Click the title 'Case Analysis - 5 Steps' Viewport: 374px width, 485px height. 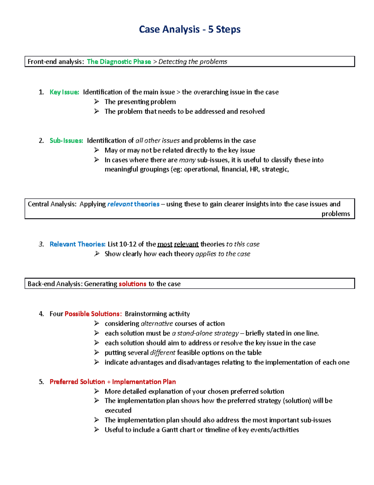[x=189, y=29]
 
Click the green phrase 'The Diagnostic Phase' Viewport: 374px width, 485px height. [x=119, y=62]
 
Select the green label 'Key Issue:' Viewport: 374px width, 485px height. [x=64, y=92]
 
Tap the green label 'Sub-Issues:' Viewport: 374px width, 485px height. [x=66, y=141]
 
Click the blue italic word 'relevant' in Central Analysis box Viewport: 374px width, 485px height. [x=120, y=204]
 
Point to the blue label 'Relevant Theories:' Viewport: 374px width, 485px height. [x=77, y=244]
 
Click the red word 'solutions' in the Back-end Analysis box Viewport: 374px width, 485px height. [x=132, y=284]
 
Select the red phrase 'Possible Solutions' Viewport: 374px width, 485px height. [x=92, y=314]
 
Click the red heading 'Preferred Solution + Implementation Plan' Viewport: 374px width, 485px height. [x=113, y=382]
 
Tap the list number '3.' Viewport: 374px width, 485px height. [x=41, y=244]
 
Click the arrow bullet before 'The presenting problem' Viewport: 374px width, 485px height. [x=97, y=101]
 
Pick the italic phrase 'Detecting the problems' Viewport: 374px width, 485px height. [x=193, y=62]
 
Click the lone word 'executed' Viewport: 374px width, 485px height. [x=118, y=410]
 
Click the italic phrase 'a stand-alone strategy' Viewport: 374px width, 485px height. [x=205, y=333]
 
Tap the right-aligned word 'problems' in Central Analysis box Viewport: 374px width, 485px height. [x=336, y=214]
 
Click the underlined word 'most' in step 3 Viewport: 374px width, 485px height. [x=165, y=244]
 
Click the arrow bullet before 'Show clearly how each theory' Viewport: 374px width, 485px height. [x=97, y=254]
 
